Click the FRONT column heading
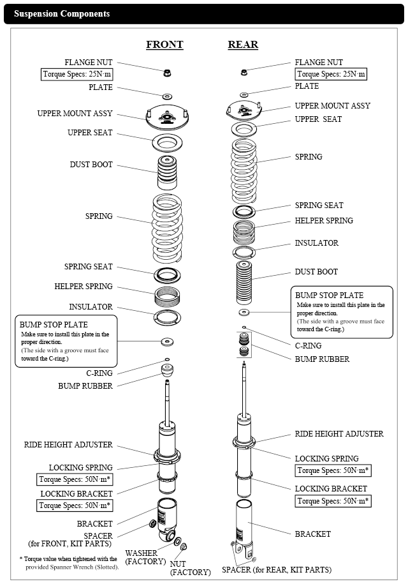164,45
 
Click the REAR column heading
243,45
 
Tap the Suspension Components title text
62,13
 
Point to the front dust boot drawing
167,172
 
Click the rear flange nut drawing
244,71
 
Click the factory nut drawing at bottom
184,547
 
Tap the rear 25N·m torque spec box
331,75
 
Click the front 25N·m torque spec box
77,75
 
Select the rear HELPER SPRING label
323,221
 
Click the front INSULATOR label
91,307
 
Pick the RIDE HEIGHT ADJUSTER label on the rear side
339,434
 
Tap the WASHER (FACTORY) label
145,557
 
